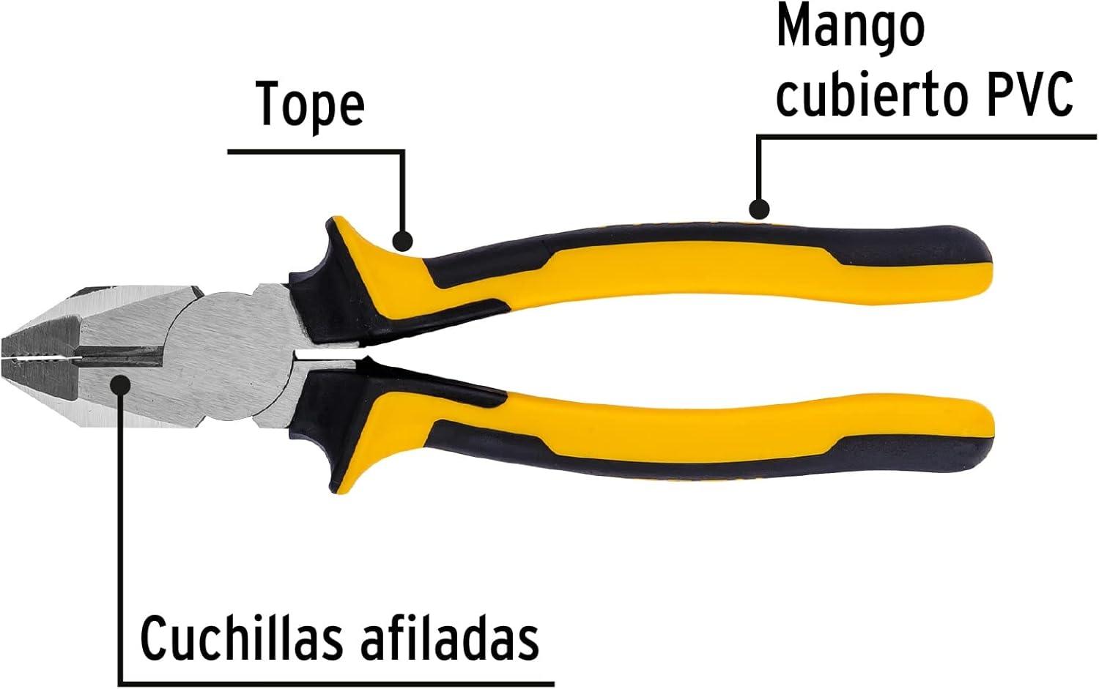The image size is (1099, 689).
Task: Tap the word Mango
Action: pyautogui.click(x=850, y=28)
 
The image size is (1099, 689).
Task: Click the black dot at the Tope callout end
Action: pyautogui.click(x=402, y=240)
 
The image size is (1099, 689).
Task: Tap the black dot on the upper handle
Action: pyautogui.click(x=760, y=209)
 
